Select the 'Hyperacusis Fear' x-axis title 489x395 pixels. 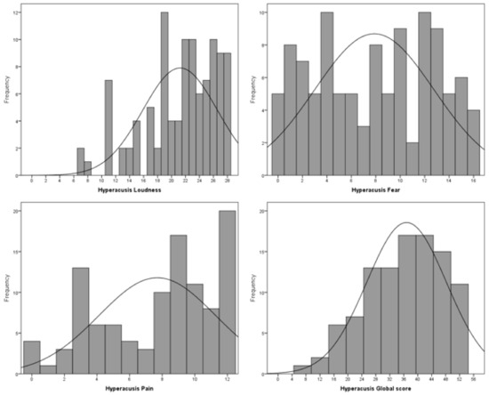click(x=374, y=189)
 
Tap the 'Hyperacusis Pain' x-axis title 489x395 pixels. click(x=131, y=389)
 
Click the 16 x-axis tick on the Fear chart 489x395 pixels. click(x=472, y=181)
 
